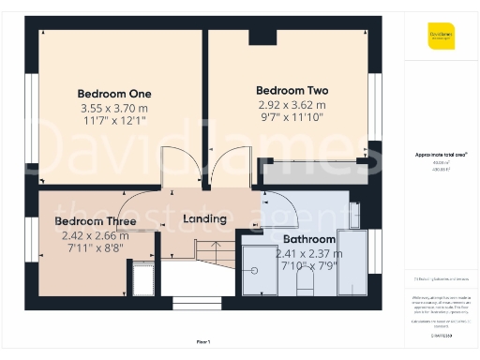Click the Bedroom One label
pyautogui.click(x=114, y=94)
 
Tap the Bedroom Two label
pyautogui.click(x=292, y=91)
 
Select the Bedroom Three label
pyautogui.click(x=95, y=221)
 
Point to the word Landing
pyautogui.click(x=204, y=218)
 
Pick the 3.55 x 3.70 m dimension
pyautogui.click(x=114, y=108)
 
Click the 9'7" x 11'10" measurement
pyautogui.click(x=292, y=119)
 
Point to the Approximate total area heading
pyautogui.click(x=441, y=154)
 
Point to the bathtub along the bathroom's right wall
pyautogui.click(x=353, y=253)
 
